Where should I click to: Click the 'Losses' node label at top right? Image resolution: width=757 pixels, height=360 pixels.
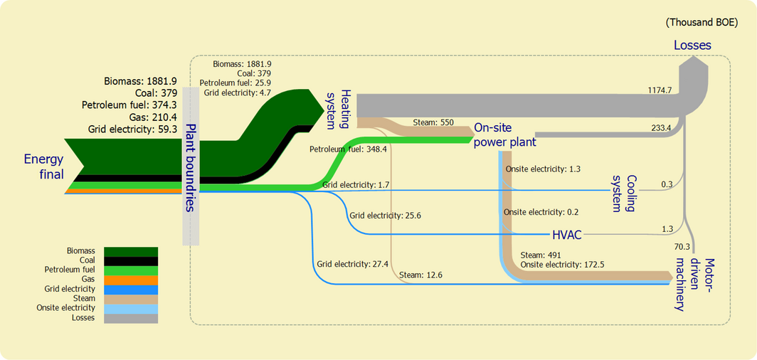(692, 46)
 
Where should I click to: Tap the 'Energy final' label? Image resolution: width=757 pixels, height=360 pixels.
(43, 167)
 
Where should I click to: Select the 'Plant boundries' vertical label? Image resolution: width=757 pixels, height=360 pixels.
(190, 167)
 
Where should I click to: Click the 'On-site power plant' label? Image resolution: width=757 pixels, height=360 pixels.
(504, 135)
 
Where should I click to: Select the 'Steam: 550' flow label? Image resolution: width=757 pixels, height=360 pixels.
(433, 122)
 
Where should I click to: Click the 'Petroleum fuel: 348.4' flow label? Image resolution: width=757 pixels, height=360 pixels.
(347, 149)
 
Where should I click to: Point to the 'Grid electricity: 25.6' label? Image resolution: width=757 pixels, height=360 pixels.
(385, 214)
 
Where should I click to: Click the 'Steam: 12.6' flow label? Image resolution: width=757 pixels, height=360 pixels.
(420, 275)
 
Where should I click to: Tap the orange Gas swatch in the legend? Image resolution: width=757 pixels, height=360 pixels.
(131, 280)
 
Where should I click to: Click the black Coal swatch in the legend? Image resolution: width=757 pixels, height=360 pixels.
(131, 260)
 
